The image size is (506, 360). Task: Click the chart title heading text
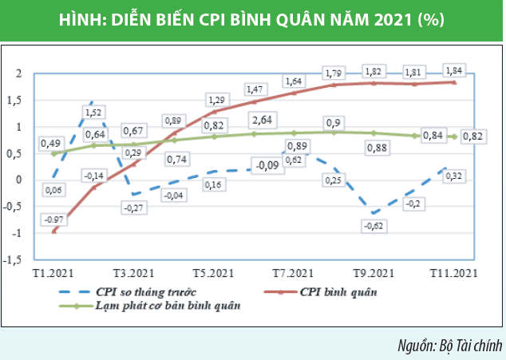click(252, 18)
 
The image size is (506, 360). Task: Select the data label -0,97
click(54, 219)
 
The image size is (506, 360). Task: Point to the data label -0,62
click(372, 227)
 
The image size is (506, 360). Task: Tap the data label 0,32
click(455, 175)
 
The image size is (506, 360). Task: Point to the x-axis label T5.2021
click(214, 273)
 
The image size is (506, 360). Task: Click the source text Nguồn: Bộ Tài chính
click(449, 345)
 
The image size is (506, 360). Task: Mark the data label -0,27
click(134, 208)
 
